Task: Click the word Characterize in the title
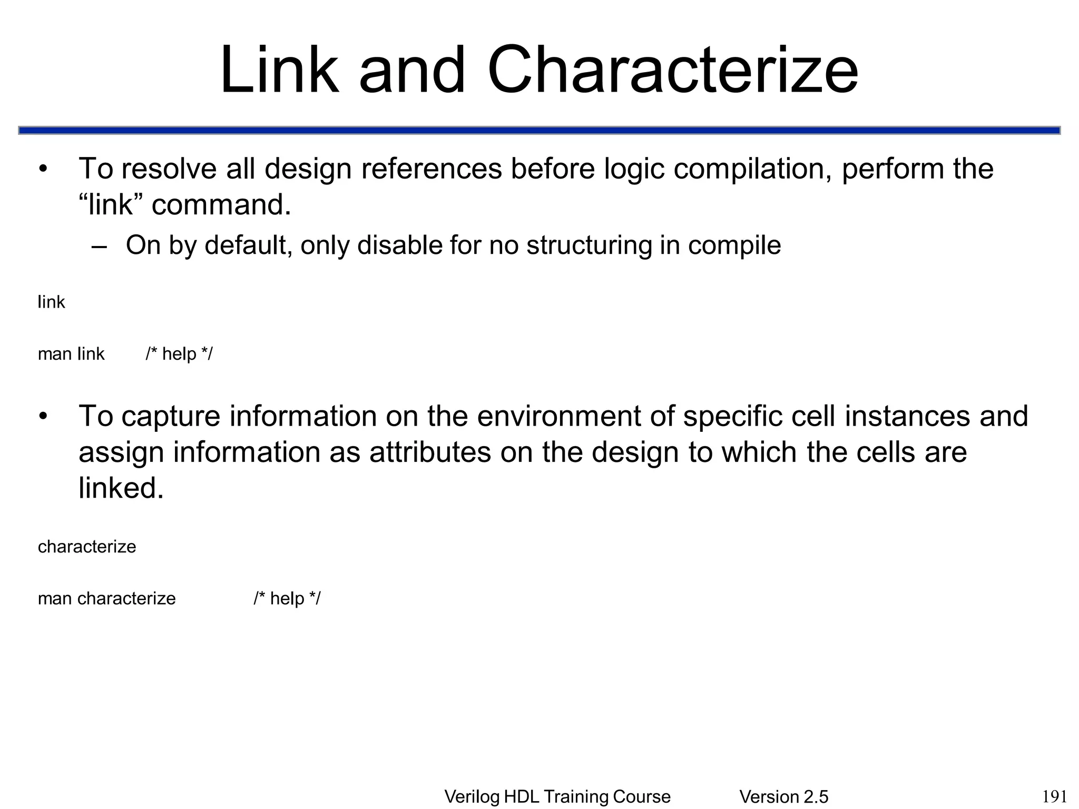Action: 673,70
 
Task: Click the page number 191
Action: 1055,796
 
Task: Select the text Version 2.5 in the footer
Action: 783,797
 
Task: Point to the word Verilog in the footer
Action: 472,797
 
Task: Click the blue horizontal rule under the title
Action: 539,130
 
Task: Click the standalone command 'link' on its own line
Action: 51,302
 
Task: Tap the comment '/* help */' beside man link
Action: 179,354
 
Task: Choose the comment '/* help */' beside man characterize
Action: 287,598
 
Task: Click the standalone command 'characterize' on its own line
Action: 87,547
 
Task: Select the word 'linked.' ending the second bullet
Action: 121,488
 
